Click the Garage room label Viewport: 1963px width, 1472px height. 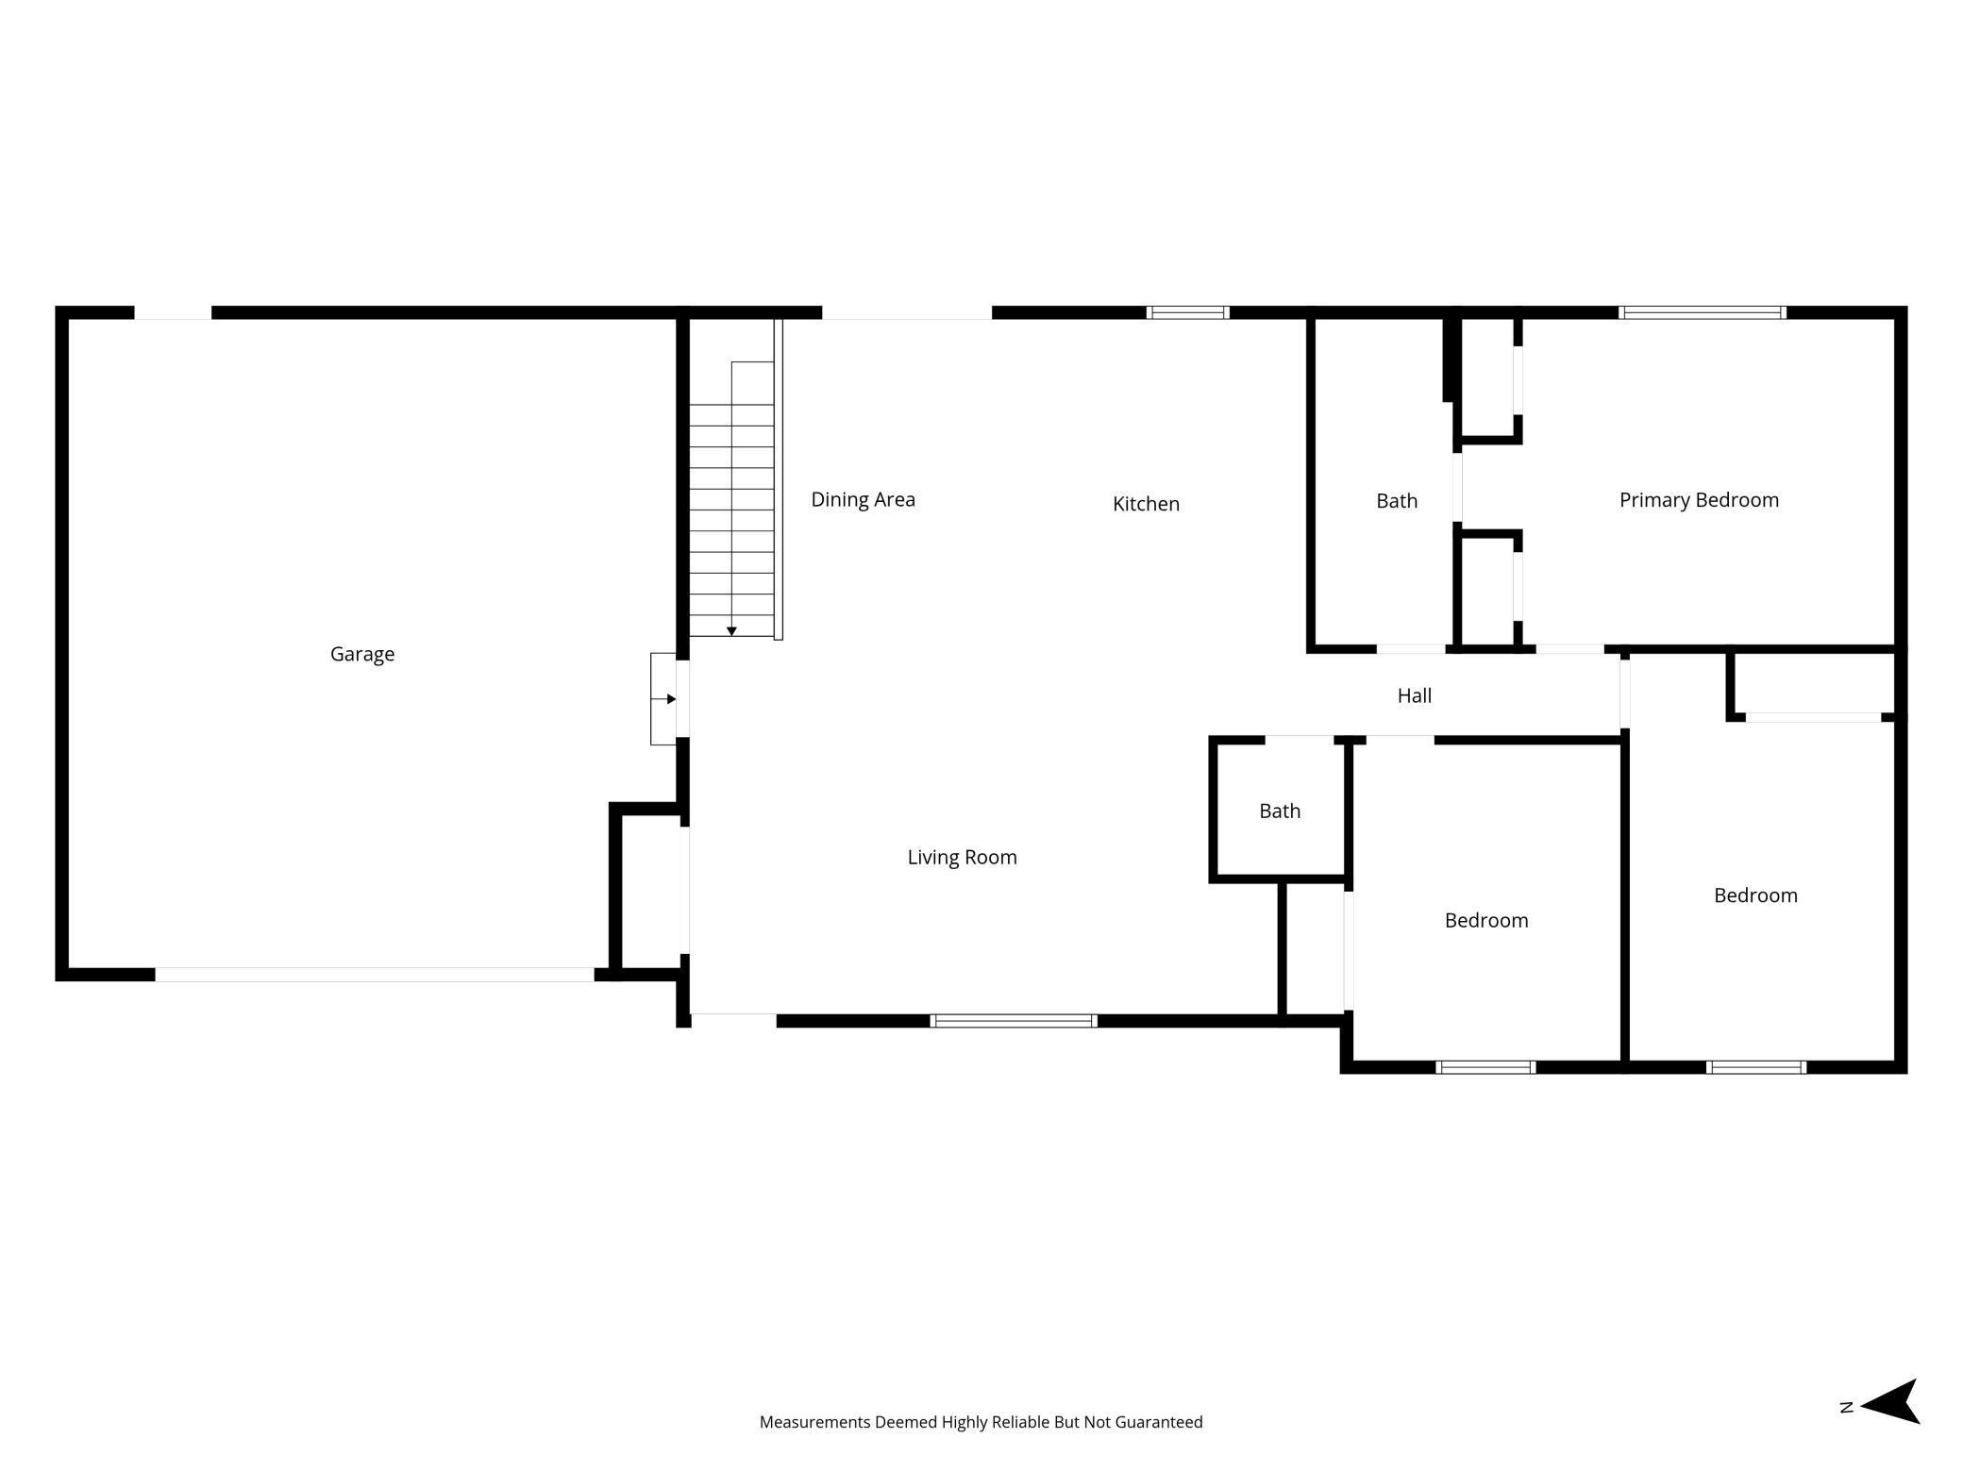pyautogui.click(x=362, y=654)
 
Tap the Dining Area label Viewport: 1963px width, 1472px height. pyautogui.click(x=863, y=499)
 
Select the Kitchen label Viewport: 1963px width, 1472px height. pyautogui.click(x=1146, y=504)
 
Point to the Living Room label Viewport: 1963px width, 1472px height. pyautogui.click(x=962, y=857)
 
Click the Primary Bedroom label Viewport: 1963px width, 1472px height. pyautogui.click(x=1699, y=500)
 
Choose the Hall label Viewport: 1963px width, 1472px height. pyautogui.click(x=1414, y=695)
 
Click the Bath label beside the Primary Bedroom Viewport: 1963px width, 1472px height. pyautogui.click(x=1396, y=501)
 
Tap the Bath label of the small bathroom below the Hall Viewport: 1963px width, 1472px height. pyautogui.click(x=1279, y=811)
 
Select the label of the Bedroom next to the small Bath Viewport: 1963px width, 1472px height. pyautogui.click(x=1485, y=920)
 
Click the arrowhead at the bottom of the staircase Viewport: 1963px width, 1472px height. pyautogui.click(x=731, y=631)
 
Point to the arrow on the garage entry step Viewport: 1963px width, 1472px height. pyautogui.click(x=670, y=699)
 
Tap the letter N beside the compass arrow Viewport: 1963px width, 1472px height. pyautogui.click(x=1847, y=1407)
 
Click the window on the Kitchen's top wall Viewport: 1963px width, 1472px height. pyautogui.click(x=1187, y=312)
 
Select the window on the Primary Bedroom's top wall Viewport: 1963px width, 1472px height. pyautogui.click(x=1702, y=312)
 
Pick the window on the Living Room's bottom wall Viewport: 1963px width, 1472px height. pyautogui.click(x=1013, y=1020)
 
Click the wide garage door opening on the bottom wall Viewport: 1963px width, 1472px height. pyautogui.click(x=375, y=975)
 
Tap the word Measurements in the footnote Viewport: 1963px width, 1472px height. pyautogui.click(x=814, y=1422)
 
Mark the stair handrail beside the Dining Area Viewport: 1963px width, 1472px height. pyautogui.click(x=779, y=479)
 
